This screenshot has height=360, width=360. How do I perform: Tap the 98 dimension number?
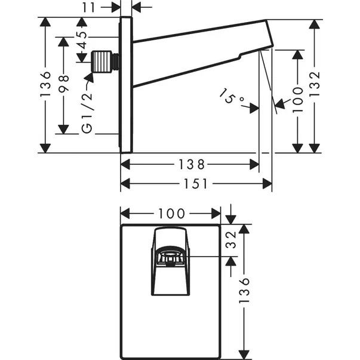coord(64,78)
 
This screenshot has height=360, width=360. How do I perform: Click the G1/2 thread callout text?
coord(87,114)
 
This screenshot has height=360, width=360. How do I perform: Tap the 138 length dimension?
coord(189,163)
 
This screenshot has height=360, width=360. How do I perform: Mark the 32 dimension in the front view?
coord(233,241)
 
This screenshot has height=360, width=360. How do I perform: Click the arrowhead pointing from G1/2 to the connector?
coord(91,75)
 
